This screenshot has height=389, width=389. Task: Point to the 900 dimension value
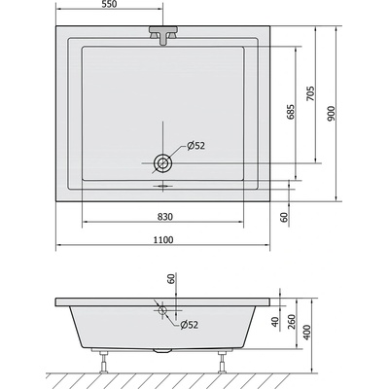pyautogui.click(x=332, y=114)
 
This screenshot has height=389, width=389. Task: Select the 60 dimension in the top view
pyautogui.click(x=284, y=215)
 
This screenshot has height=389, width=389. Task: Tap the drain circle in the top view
pyautogui.click(x=162, y=162)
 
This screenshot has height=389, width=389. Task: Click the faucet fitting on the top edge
pyautogui.click(x=162, y=36)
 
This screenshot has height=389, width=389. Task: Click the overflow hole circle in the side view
pyautogui.click(x=163, y=312)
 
